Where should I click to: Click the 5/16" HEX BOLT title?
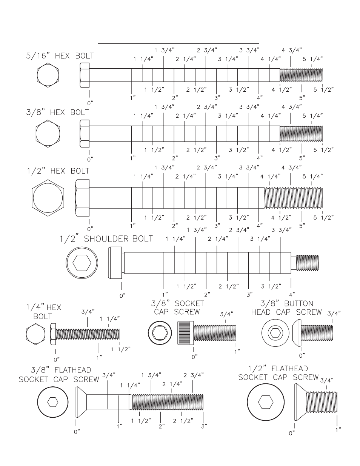(60, 56)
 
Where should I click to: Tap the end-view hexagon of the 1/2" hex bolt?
(48, 198)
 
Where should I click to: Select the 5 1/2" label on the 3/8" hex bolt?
(323, 150)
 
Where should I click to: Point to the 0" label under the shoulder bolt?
(122, 296)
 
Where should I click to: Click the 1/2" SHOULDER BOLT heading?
(106, 239)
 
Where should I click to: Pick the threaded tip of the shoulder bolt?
(307, 263)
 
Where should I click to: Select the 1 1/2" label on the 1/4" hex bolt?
(120, 349)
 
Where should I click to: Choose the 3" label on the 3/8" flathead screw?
(204, 426)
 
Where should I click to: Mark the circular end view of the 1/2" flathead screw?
(266, 402)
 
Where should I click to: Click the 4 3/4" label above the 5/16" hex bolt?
(292, 50)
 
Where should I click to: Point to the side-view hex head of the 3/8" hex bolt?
(85, 134)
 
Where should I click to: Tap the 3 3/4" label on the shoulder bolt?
(282, 230)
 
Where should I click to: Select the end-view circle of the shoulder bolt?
(82, 263)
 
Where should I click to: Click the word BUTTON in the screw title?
(298, 303)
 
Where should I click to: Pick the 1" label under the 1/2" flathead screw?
(338, 430)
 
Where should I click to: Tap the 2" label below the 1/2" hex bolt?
(175, 226)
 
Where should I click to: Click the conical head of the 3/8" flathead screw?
(81, 402)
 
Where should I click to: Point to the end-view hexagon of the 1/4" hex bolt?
(35, 334)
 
